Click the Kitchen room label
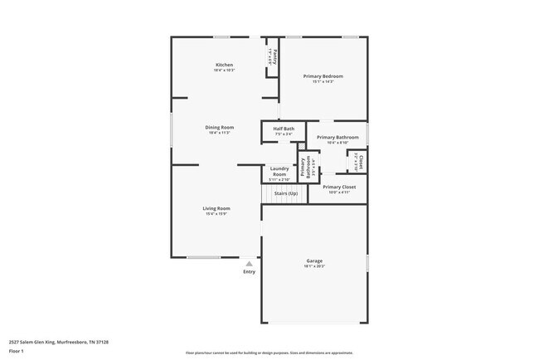click(224, 65)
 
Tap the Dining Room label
click(220, 127)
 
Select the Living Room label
click(216, 208)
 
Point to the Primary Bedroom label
click(323, 76)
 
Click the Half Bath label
click(284, 129)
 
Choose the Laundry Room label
click(279, 171)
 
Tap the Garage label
click(313, 261)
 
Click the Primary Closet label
click(337, 187)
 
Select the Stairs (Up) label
click(285, 193)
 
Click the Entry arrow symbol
click(248, 264)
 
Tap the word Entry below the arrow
click(249, 272)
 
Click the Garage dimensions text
click(313, 266)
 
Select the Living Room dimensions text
click(216, 214)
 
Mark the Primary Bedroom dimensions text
click(323, 81)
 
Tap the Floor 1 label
click(17, 351)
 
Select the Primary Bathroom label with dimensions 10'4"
click(337, 137)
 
